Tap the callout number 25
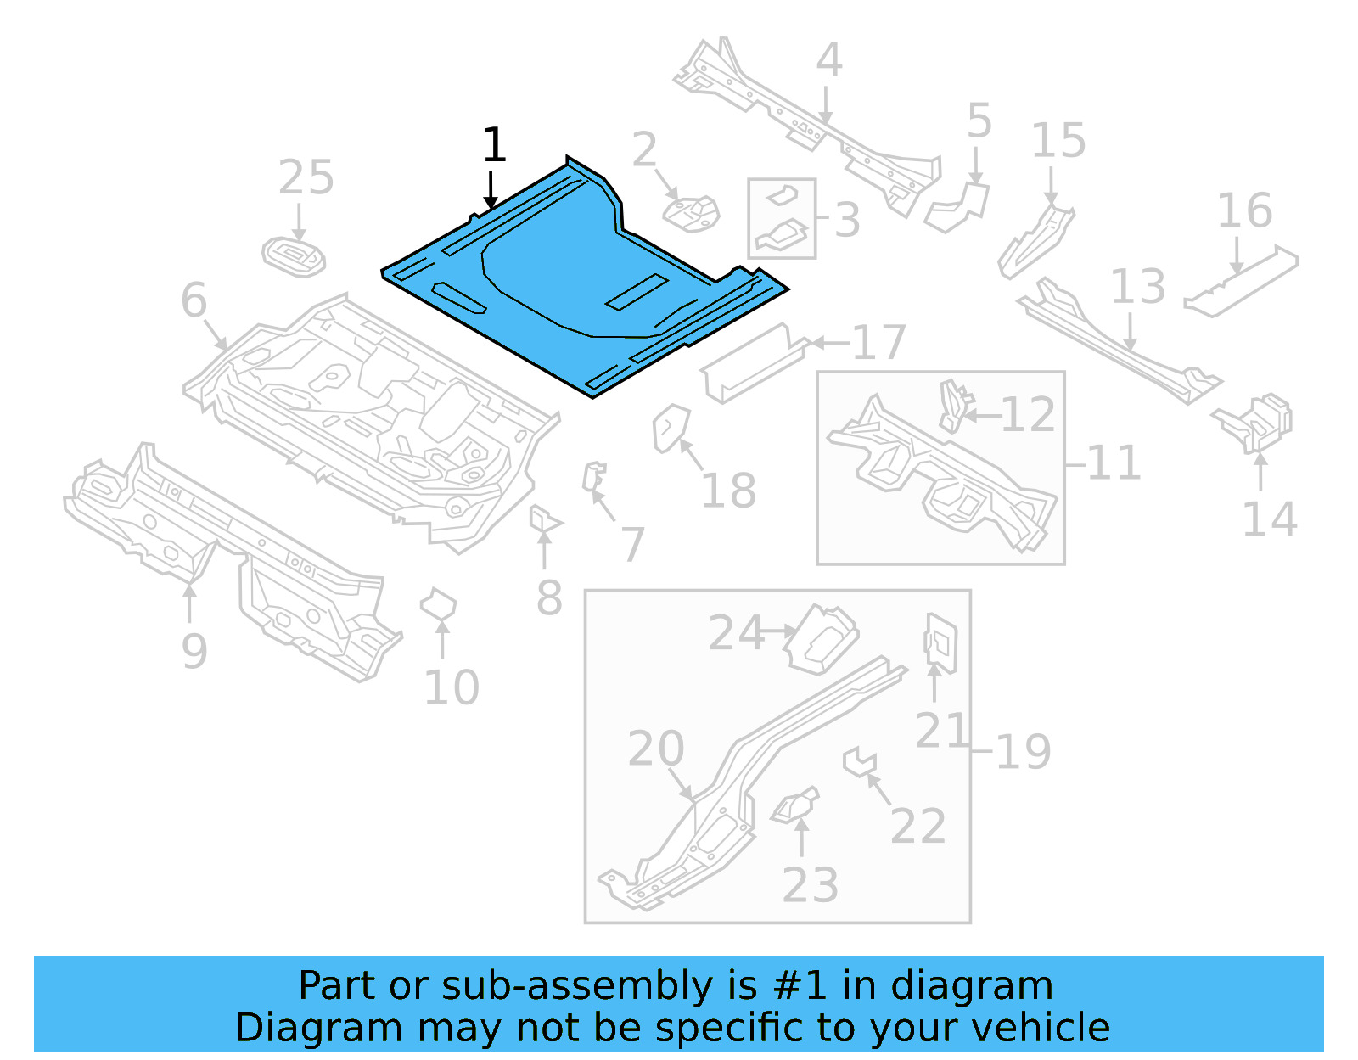pyautogui.click(x=306, y=177)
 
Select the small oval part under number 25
pyautogui.click(x=294, y=256)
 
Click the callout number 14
pyautogui.click(x=1269, y=519)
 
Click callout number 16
pyautogui.click(x=1244, y=210)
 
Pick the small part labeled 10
pyautogui.click(x=438, y=606)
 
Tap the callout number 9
pyautogui.click(x=194, y=651)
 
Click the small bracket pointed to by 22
pyautogui.click(x=858, y=760)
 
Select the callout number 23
pyautogui.click(x=810, y=884)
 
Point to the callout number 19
pyautogui.click(x=1023, y=751)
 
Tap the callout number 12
pyautogui.click(x=1028, y=415)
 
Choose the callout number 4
pyautogui.click(x=828, y=60)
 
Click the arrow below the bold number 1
pyautogui.click(x=491, y=191)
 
